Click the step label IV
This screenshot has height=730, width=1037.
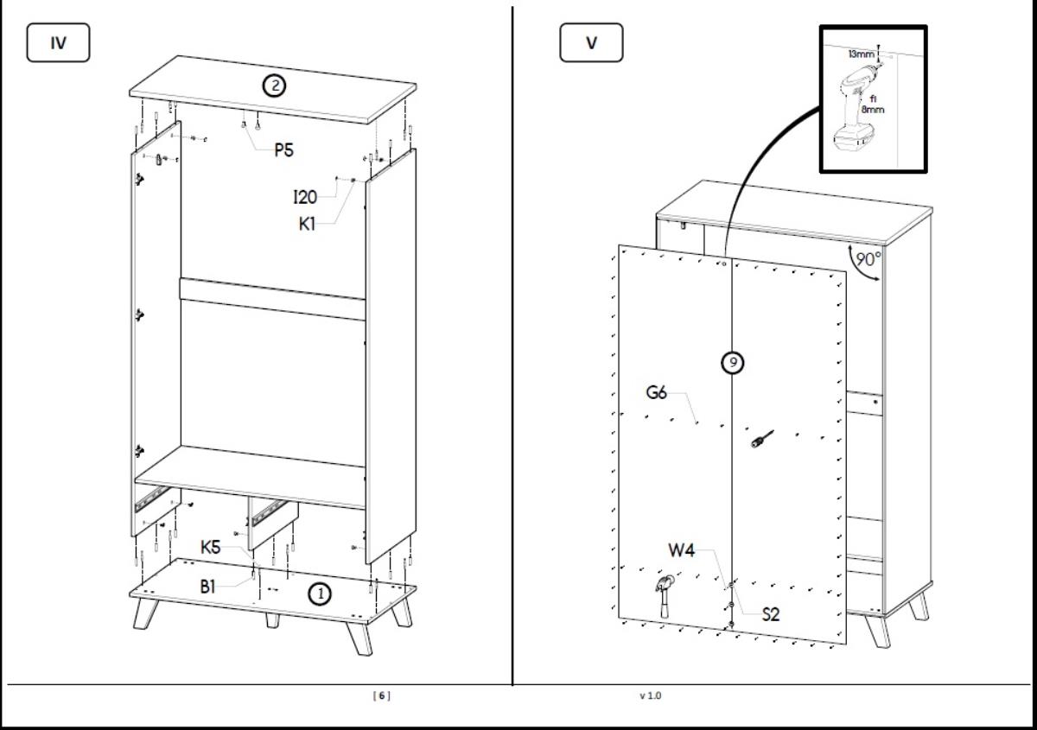(x=59, y=43)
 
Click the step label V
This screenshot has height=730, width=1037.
(x=591, y=43)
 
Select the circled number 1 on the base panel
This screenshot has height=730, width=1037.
(x=321, y=594)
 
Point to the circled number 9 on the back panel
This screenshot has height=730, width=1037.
(x=733, y=363)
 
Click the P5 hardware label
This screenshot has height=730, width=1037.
(x=283, y=149)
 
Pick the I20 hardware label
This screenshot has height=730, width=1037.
(x=304, y=197)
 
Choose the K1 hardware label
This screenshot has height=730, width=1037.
(x=308, y=224)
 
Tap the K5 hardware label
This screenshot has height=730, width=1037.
(x=211, y=547)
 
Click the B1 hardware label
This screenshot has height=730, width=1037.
(x=208, y=586)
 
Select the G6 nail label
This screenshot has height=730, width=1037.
(x=657, y=393)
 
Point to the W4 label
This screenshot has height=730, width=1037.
(x=681, y=550)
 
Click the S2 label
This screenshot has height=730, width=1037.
(x=771, y=614)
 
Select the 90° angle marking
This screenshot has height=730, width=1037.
(x=868, y=258)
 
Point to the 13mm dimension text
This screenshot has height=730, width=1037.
(x=861, y=54)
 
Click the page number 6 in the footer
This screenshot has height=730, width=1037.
(x=381, y=695)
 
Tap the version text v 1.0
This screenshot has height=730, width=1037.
(x=651, y=695)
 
